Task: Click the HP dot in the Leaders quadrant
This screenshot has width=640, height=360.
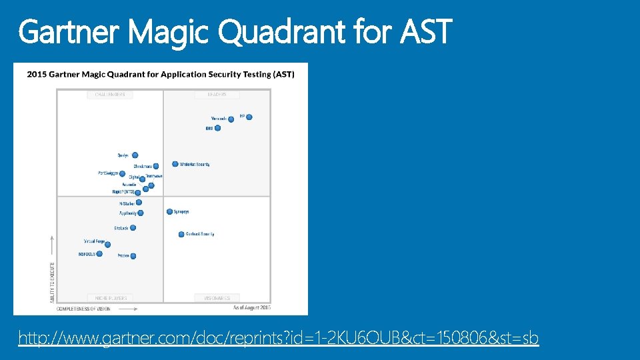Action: (x=249, y=117)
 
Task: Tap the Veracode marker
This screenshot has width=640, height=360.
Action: (x=231, y=119)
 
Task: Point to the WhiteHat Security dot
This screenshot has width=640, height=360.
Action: (x=175, y=164)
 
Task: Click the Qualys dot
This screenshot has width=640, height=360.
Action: (x=135, y=155)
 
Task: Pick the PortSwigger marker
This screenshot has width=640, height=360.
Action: (x=122, y=173)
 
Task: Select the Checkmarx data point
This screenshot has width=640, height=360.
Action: (x=157, y=167)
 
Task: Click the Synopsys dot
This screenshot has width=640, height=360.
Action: (x=169, y=212)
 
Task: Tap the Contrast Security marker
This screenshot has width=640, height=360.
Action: (x=181, y=234)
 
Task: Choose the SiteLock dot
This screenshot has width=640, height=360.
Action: (x=133, y=228)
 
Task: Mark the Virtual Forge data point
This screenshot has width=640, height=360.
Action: (x=107, y=244)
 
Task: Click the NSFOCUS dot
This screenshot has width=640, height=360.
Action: (x=99, y=253)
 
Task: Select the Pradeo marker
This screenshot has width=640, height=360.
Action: (x=133, y=256)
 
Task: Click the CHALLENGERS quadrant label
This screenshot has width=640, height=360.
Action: (x=110, y=95)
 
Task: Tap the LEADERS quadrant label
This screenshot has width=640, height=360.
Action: (x=217, y=95)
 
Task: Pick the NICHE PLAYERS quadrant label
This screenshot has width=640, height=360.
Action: (x=110, y=298)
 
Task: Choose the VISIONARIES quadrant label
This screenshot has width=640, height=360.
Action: (x=217, y=298)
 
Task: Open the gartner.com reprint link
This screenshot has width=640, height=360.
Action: (x=278, y=339)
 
